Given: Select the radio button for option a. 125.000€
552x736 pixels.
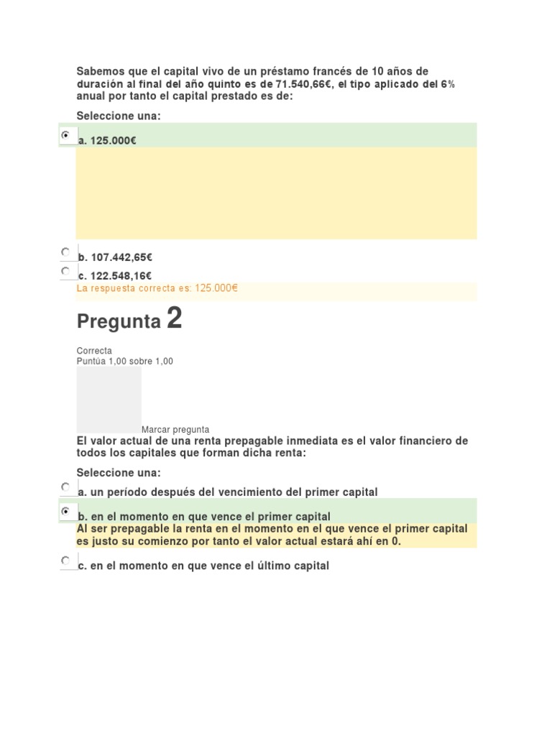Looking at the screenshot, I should pyautogui.click(x=66, y=135).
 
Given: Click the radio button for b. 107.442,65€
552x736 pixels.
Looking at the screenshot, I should pyautogui.click(x=66, y=252).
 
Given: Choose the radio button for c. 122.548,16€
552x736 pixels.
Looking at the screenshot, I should pyautogui.click(x=66, y=271).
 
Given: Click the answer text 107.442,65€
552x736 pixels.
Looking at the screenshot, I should pyautogui.click(x=121, y=257).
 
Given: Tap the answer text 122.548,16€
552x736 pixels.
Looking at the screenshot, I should pyautogui.click(x=121, y=276).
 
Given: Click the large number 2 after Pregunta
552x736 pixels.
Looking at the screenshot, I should pyautogui.click(x=174, y=318).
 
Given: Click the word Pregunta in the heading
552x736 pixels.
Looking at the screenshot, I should pyautogui.click(x=119, y=321).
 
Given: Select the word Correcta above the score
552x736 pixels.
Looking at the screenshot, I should pyautogui.click(x=94, y=351).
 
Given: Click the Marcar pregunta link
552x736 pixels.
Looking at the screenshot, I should pyautogui.click(x=175, y=429).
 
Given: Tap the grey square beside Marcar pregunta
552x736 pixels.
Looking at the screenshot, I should pyautogui.click(x=109, y=400).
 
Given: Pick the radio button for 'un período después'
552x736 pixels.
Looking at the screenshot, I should pyautogui.click(x=66, y=487).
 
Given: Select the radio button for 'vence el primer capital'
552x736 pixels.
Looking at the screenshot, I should pyautogui.click(x=66, y=511).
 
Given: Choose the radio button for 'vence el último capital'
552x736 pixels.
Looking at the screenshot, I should pyautogui.click(x=66, y=560).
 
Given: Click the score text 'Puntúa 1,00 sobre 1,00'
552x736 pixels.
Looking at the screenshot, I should pyautogui.click(x=124, y=361).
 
